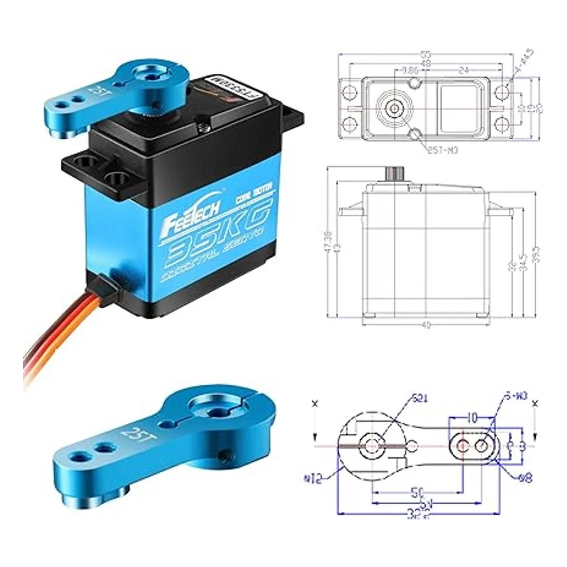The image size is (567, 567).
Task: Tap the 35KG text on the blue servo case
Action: point(215,239)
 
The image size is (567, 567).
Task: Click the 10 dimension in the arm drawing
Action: point(471,417)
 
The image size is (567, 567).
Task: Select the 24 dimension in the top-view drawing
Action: point(464,71)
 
